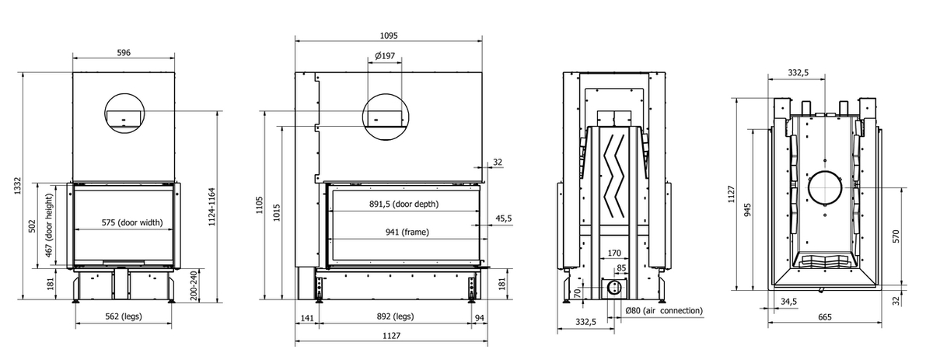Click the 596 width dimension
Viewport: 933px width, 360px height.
[x=123, y=53]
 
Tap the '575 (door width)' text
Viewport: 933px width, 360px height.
[x=131, y=222]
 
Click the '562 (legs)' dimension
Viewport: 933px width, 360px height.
[x=124, y=316]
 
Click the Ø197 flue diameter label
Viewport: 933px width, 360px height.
[x=384, y=56]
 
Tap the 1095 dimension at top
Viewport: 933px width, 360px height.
[x=388, y=35]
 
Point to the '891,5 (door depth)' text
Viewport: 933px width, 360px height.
[x=404, y=204]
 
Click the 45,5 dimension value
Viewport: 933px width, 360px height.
[x=504, y=219]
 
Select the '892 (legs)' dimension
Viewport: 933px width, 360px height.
[x=393, y=316]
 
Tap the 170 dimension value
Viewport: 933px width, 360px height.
[x=613, y=253]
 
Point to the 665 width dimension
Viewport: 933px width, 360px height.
[x=825, y=316]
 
